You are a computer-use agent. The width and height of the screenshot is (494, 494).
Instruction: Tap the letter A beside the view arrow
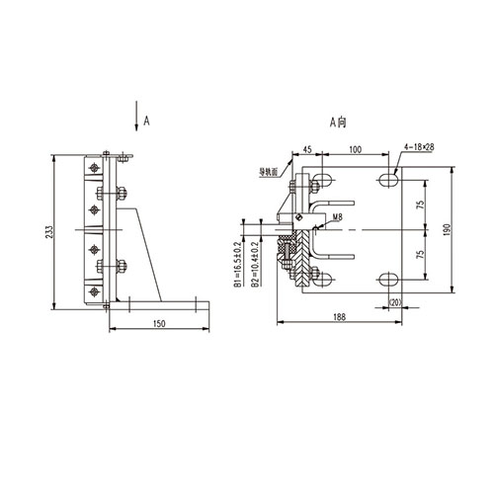146,119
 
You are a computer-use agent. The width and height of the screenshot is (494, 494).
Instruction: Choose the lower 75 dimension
420,254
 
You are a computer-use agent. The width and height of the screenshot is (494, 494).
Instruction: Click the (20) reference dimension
395,302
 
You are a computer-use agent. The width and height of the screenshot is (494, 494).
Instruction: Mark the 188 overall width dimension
339,317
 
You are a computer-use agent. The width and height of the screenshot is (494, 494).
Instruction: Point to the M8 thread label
338,216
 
